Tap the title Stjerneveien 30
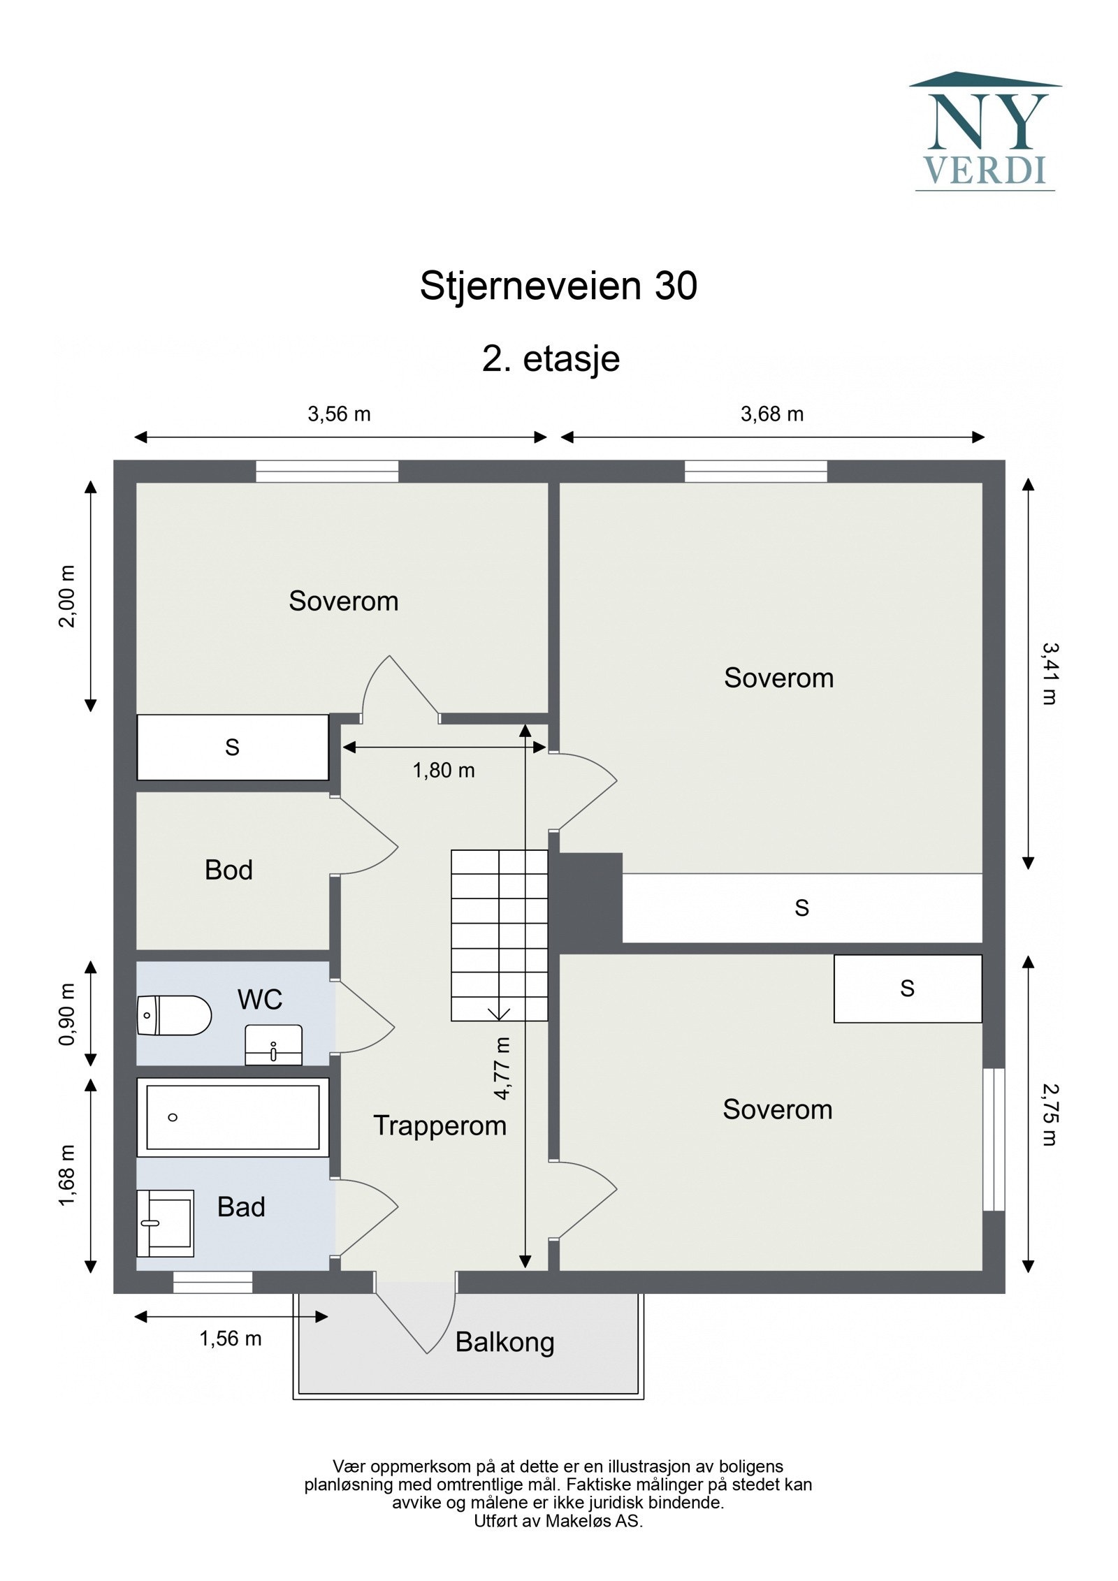(x=558, y=286)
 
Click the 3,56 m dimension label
(x=339, y=414)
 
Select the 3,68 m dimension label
(x=771, y=414)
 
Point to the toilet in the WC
(x=174, y=1015)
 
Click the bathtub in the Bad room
(x=232, y=1117)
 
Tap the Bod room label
(x=228, y=870)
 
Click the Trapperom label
(x=440, y=1125)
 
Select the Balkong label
(x=504, y=1342)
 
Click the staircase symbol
(x=499, y=935)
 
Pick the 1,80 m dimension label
(x=443, y=771)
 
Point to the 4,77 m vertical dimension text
(x=502, y=1069)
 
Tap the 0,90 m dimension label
(x=67, y=1014)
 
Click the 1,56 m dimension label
(x=231, y=1339)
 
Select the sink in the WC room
(x=273, y=1045)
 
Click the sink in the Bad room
(x=165, y=1223)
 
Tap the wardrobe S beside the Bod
(x=232, y=747)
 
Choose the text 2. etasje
(x=551, y=359)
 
